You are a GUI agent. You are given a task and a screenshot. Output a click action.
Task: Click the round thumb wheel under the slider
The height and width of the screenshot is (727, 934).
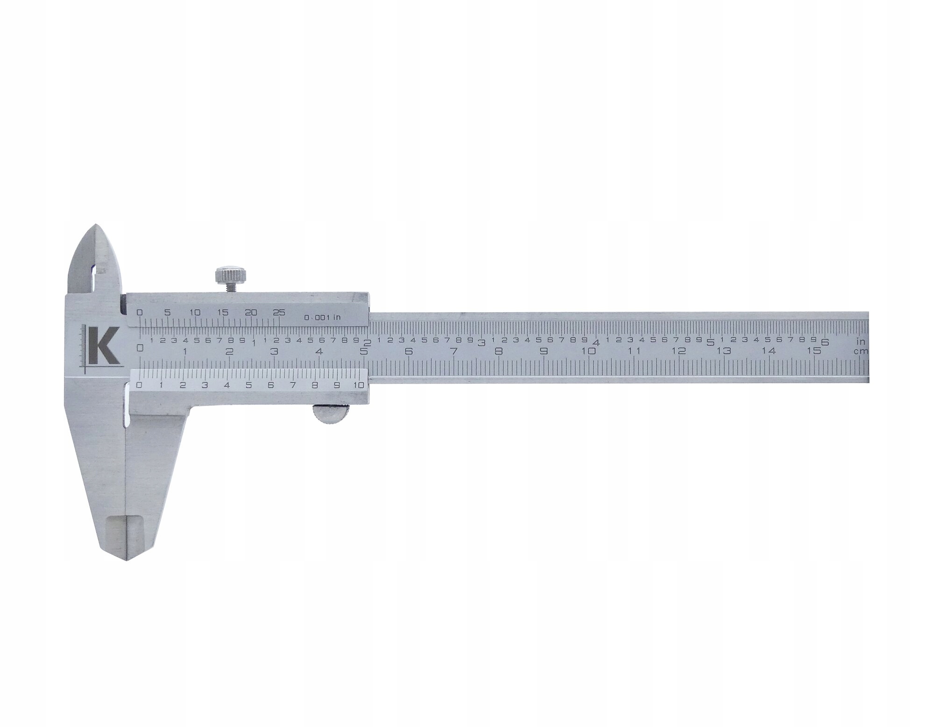point(331,414)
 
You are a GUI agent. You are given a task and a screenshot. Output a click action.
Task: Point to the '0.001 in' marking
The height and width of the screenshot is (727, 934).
point(323,317)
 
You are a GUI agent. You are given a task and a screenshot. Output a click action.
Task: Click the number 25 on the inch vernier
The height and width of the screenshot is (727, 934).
point(279,313)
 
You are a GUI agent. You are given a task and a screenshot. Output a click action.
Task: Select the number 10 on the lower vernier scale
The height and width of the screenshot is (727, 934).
point(359,385)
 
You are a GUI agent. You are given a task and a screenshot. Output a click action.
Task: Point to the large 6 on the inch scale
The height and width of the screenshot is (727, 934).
point(825,342)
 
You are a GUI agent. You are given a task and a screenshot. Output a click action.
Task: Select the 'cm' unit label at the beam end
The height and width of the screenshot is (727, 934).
point(861,352)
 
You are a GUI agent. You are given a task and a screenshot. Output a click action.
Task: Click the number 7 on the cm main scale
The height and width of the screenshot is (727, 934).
point(453,351)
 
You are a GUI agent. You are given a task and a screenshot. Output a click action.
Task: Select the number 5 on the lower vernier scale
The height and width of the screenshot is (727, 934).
point(248,385)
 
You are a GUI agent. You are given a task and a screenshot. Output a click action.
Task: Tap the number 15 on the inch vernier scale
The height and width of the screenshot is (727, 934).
point(223,313)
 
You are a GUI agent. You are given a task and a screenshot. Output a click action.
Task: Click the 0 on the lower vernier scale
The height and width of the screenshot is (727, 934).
point(138,385)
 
